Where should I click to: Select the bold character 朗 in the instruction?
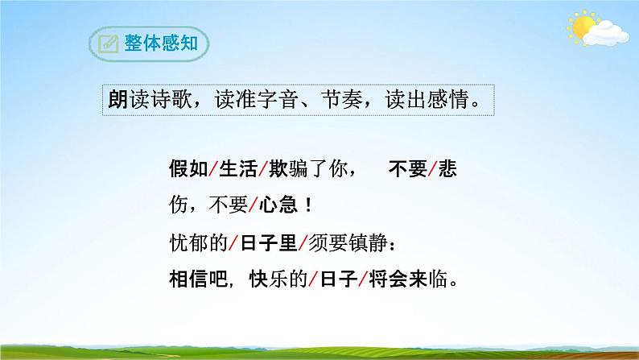[x=117, y=100]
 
